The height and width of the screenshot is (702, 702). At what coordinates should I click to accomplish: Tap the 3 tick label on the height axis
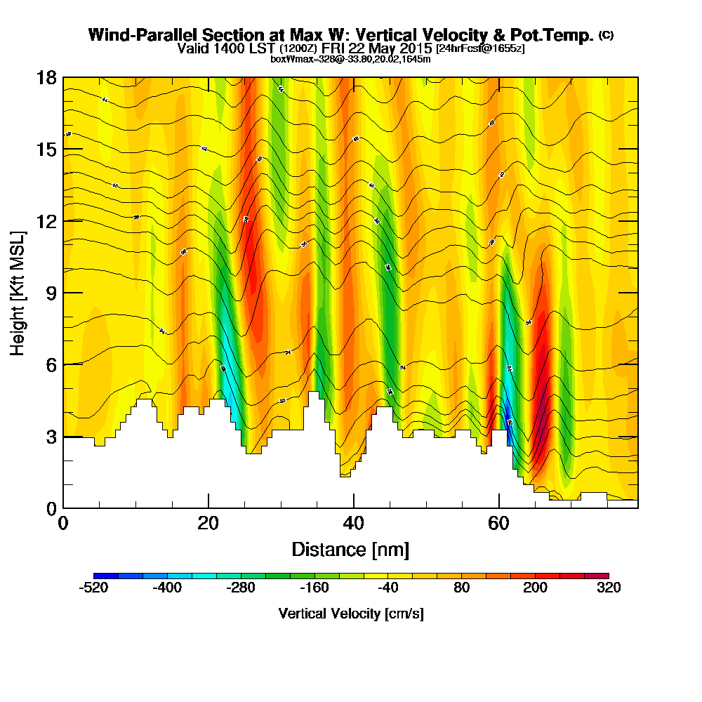click(51, 437)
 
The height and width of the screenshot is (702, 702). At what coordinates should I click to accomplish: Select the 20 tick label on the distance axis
click(208, 523)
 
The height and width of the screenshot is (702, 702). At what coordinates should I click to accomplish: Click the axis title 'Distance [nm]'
click(350, 549)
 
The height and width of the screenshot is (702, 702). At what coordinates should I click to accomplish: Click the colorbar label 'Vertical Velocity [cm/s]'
click(351, 614)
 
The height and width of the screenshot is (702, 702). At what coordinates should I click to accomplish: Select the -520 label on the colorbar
click(94, 588)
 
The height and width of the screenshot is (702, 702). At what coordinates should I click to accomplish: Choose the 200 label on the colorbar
click(535, 588)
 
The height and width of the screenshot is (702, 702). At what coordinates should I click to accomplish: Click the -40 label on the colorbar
click(388, 588)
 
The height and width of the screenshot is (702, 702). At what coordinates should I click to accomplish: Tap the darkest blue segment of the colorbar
click(106, 576)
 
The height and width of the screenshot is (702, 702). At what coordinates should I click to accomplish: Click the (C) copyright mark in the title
click(606, 35)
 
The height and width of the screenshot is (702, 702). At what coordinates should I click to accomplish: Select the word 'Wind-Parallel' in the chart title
click(132, 35)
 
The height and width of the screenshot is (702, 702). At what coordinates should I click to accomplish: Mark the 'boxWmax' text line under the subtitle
click(350, 59)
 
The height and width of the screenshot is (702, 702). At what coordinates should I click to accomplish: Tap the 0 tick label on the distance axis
click(63, 523)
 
